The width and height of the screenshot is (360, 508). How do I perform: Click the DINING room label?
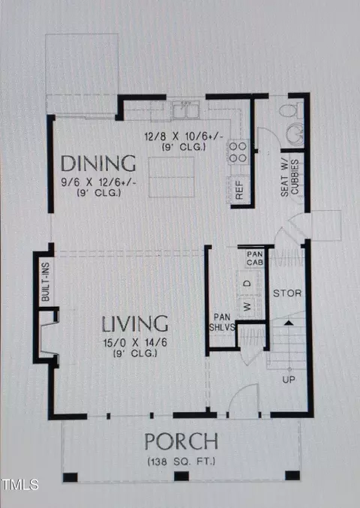point(98,164)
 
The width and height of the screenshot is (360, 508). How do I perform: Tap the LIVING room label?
point(135,323)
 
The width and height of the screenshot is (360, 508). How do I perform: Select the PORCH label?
point(181,441)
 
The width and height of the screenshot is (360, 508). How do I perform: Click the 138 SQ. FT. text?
point(181,461)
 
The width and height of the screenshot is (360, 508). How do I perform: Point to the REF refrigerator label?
point(239,190)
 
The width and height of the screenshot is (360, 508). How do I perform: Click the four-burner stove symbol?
point(238,152)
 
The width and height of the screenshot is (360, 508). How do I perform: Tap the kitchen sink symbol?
point(185,110)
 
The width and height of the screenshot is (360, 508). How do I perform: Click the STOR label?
point(287,293)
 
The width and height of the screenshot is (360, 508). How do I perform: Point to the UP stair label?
point(289,380)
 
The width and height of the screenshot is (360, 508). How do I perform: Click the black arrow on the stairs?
point(289,323)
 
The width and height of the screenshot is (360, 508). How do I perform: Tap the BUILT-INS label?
point(46,282)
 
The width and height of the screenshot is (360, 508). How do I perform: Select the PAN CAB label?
point(255,258)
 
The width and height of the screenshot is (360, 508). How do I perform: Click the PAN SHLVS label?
point(222,323)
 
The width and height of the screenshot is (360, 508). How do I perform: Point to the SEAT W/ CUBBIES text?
point(289,178)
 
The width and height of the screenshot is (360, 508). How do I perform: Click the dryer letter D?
point(247,284)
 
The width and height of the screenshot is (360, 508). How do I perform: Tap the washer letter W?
point(247,306)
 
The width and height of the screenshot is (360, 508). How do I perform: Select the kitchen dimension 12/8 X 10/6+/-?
point(184,137)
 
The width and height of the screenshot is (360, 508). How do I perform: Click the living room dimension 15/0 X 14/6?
point(135,343)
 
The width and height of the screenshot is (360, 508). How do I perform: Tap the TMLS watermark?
point(19,484)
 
